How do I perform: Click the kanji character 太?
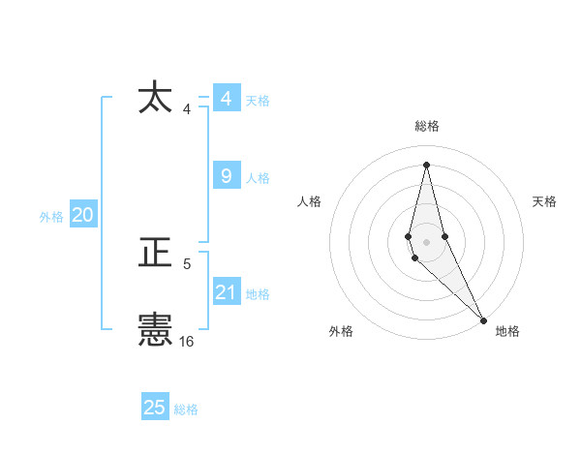coord(156,98)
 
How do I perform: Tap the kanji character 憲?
coord(156,331)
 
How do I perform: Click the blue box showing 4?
coord(226,99)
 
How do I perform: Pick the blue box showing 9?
coord(226,176)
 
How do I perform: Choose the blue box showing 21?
coord(226,292)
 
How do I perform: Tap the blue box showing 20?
coord(82,216)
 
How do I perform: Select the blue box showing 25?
coord(155,408)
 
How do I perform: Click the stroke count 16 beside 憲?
coord(187,342)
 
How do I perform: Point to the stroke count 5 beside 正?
coord(187,263)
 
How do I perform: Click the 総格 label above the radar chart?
coord(427,126)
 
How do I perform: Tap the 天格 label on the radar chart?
coord(544,201)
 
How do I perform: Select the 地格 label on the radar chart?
coord(507,332)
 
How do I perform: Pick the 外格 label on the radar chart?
coord(341,332)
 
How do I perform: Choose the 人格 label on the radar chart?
coord(310,201)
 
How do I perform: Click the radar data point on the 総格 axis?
coord(426,164)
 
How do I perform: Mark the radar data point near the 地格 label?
coord(483,320)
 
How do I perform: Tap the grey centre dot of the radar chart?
coord(426,240)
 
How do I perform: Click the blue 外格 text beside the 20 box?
coord(51,217)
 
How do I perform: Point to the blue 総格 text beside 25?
coord(186,409)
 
